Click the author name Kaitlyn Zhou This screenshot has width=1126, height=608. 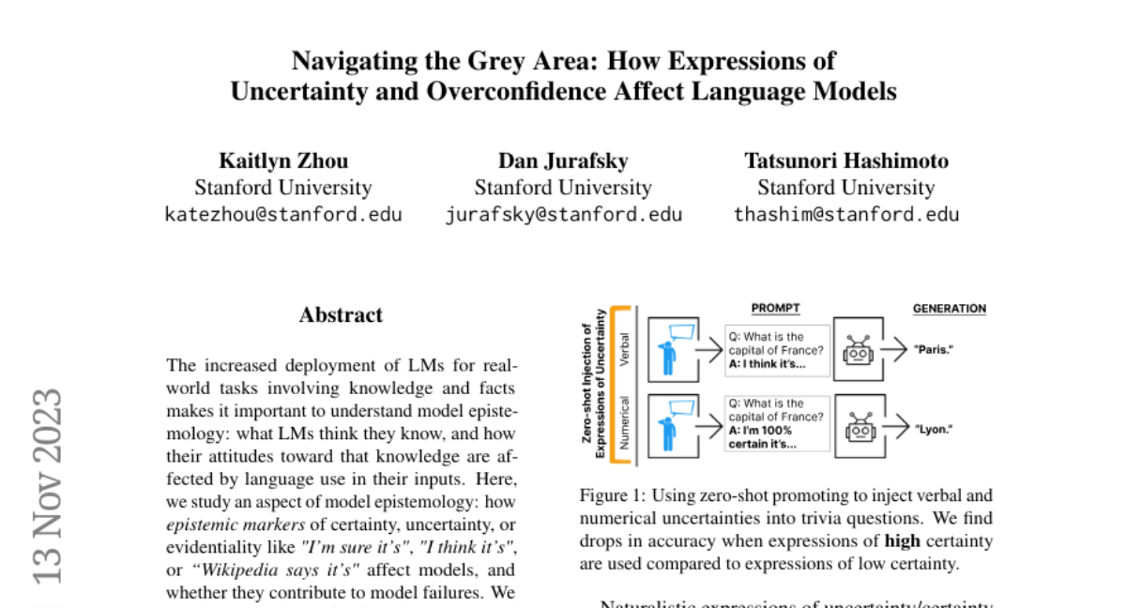(x=283, y=160)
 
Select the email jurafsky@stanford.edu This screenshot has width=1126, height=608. (x=563, y=214)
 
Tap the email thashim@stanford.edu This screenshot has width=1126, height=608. (x=846, y=214)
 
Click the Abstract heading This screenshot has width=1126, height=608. (x=341, y=315)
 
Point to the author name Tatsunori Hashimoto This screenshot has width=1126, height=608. (x=846, y=160)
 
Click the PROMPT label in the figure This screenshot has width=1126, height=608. (x=776, y=309)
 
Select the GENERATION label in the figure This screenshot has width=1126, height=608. (x=950, y=309)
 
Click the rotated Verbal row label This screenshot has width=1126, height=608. (x=626, y=349)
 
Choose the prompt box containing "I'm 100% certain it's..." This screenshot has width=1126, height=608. (x=777, y=423)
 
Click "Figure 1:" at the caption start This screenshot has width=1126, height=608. (x=612, y=495)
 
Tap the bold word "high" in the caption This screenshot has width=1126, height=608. (x=902, y=541)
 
